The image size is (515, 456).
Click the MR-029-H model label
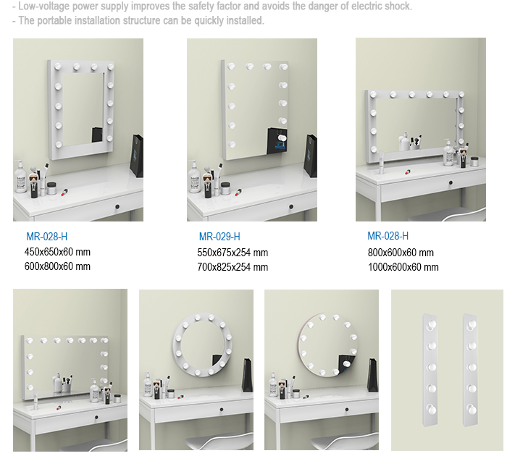point(219,237)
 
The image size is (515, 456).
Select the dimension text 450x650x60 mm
point(57,252)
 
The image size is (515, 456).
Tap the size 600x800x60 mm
point(57,266)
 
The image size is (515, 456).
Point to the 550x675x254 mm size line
point(233,253)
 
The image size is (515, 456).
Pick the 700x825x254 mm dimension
point(233,267)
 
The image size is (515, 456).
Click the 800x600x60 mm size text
point(401,253)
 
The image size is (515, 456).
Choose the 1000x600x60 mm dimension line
point(403,267)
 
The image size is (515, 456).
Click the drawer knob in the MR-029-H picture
point(291,206)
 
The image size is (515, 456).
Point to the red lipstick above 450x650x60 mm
point(64,192)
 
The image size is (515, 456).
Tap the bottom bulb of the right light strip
point(472,409)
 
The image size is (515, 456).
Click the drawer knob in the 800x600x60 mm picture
point(451,182)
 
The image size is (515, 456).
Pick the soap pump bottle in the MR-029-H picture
point(193,177)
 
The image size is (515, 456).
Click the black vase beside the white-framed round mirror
point(247,375)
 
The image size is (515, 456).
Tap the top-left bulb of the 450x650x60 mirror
point(58,67)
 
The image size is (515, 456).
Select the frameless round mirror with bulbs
point(327,345)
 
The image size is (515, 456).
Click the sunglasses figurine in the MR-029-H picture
point(207,186)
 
